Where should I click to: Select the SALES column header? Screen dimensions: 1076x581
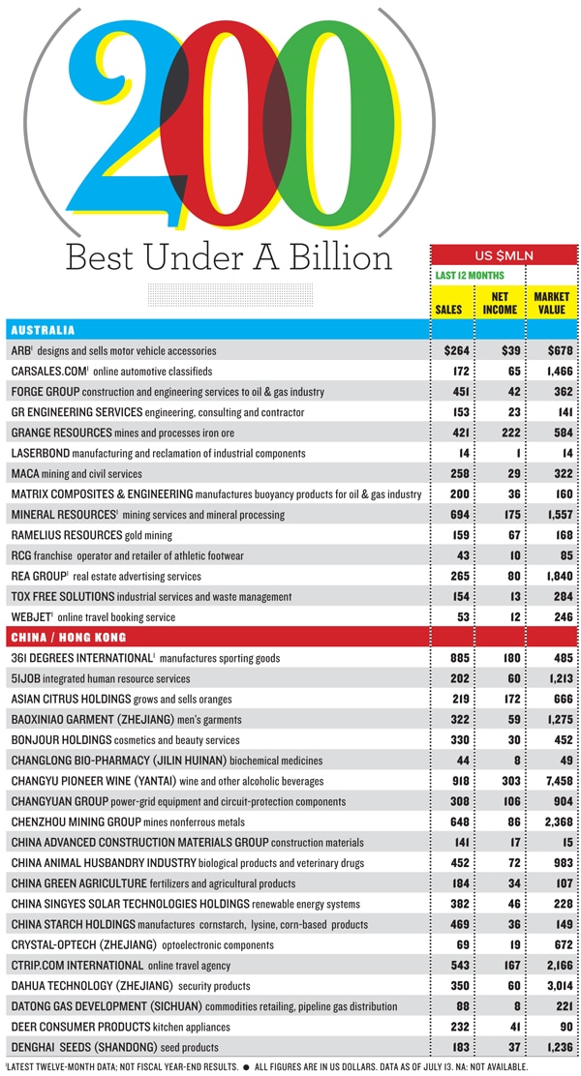(451, 310)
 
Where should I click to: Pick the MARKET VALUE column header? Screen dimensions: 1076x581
(551, 303)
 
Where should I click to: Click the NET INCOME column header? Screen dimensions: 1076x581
(500, 303)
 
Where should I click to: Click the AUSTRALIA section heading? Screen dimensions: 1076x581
(43, 330)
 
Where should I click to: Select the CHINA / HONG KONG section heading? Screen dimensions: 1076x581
(67, 637)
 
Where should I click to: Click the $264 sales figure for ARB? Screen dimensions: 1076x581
(454, 350)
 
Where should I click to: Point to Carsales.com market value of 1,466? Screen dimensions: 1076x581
(553, 371)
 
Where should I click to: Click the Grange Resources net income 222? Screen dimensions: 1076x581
(500, 432)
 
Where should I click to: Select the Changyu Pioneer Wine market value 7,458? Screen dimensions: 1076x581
(553, 780)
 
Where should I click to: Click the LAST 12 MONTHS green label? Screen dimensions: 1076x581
(470, 276)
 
